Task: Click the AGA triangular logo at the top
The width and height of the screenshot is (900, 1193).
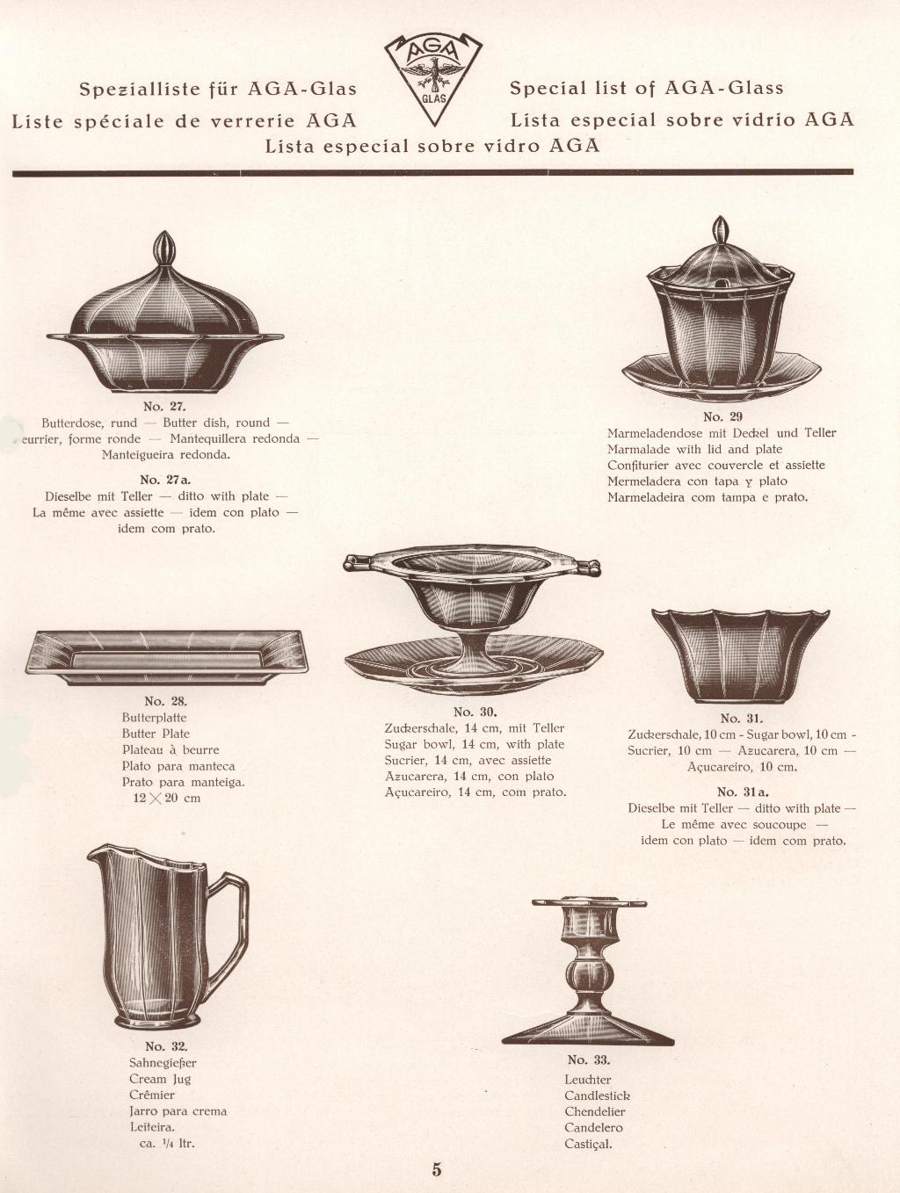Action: (x=433, y=80)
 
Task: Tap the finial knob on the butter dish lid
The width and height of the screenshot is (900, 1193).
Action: (x=164, y=247)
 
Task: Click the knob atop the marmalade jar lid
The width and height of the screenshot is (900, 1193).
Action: (x=721, y=230)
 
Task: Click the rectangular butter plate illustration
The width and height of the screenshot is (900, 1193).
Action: (x=168, y=657)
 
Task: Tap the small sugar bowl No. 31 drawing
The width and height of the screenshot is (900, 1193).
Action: (x=741, y=656)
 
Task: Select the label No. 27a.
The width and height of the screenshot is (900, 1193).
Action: (x=165, y=480)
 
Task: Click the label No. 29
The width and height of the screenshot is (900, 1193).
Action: (x=722, y=417)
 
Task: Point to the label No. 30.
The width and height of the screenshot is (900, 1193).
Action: (x=475, y=712)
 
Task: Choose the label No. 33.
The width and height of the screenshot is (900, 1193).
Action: (x=588, y=1059)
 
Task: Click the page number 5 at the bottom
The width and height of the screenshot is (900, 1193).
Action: (x=437, y=1169)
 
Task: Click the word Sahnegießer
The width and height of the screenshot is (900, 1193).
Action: (x=163, y=1063)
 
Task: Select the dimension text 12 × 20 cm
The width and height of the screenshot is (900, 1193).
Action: (x=166, y=799)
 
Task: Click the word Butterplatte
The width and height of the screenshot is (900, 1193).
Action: (x=154, y=718)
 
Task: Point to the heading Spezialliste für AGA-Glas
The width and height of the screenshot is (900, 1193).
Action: (x=218, y=89)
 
